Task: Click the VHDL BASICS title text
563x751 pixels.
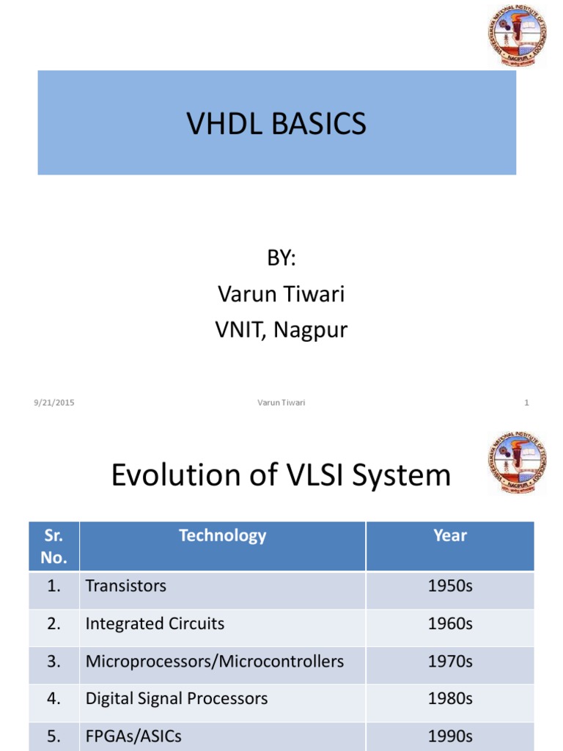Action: [276, 124]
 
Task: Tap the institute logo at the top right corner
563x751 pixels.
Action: [516, 34]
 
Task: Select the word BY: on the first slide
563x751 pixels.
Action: [281, 258]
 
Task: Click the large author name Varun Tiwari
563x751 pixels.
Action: [281, 294]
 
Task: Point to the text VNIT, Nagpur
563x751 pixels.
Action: [281, 330]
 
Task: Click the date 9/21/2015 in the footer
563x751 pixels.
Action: [54, 403]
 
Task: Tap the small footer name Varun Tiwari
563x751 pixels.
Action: [281, 403]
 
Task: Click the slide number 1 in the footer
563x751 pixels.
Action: [526, 403]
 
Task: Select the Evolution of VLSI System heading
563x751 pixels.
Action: [281, 476]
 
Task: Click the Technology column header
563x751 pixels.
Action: [222, 535]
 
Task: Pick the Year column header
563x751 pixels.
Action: [449, 535]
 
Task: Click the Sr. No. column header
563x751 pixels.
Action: [54, 546]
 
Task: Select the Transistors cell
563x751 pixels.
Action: [126, 586]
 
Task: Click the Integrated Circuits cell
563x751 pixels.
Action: [155, 624]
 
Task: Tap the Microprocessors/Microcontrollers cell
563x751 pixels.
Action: [214, 662]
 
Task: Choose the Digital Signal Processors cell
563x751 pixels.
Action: [176, 699]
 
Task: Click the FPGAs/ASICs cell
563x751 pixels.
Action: [133, 736]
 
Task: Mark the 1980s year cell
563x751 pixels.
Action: [450, 699]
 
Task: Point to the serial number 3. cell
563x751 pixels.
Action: [54, 662]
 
